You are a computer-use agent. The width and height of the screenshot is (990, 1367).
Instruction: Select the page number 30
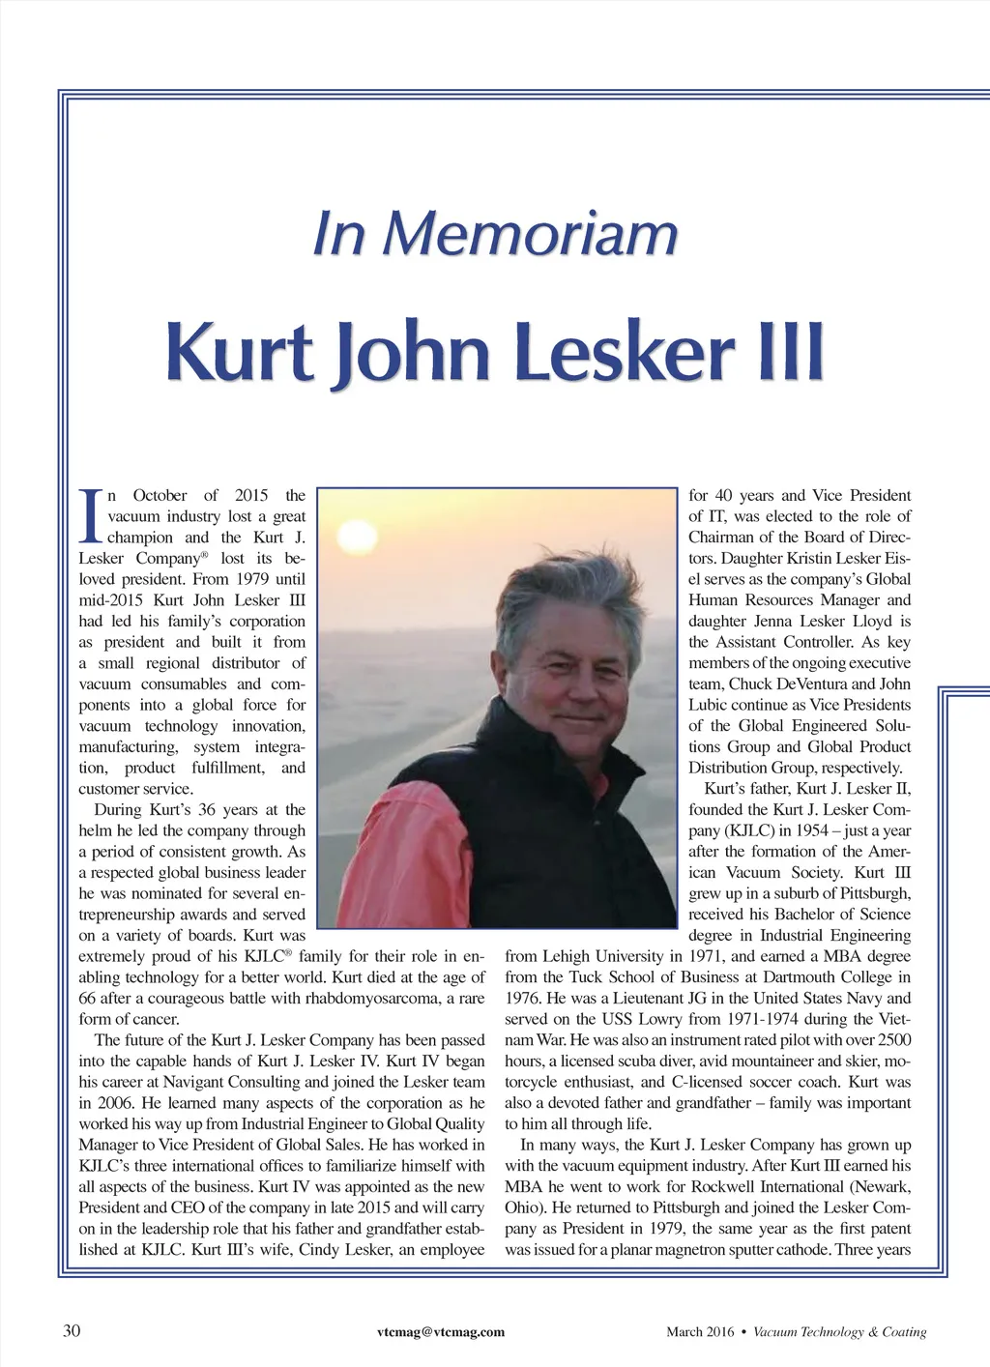(x=72, y=1331)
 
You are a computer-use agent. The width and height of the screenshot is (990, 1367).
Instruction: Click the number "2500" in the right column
(x=892, y=1040)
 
